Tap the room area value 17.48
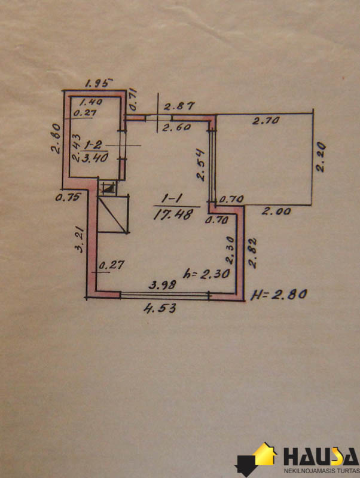tap(173, 215)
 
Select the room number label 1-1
tap(172, 199)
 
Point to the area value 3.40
tap(95, 158)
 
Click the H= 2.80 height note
tap(279, 295)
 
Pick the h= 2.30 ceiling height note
tap(206, 274)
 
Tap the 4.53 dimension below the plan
tap(160, 308)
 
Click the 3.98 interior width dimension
tap(162, 285)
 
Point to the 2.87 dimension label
tap(179, 106)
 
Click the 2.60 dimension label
tap(176, 127)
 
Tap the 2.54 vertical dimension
tap(201, 165)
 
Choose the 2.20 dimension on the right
tap(321, 157)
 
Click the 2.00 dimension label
tap(276, 211)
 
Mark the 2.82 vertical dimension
tap(252, 253)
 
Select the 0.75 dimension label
tap(68, 197)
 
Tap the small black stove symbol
tap(108, 187)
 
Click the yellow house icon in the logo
tap(265, 455)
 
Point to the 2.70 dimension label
tap(266, 121)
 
